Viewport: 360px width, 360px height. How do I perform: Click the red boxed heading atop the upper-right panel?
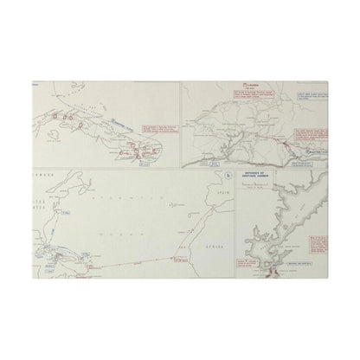[239, 87]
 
